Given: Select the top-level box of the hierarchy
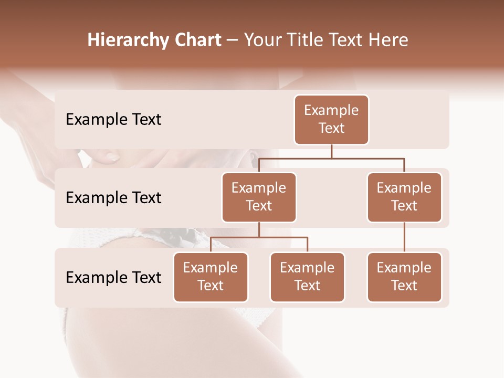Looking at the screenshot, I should click(331, 120).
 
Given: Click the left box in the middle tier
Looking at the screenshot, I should click(259, 197).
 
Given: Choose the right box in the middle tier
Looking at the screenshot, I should click(404, 197).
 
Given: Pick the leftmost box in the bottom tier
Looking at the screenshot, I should click(211, 277).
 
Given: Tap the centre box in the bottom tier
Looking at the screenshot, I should click(307, 277).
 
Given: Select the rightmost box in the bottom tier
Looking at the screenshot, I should click(404, 277).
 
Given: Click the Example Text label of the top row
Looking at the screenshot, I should click(113, 120).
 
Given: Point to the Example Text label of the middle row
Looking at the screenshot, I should click(113, 198).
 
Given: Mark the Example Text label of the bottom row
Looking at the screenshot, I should click(113, 277).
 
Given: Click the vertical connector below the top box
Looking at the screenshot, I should click(331, 151).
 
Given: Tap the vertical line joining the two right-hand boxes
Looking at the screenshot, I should click(404, 237).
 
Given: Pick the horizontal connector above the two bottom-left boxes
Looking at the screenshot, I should click(259, 237).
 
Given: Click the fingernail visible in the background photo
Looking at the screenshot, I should click(112, 156).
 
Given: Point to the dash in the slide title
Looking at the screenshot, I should click(232, 40).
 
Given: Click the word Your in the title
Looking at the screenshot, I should click(262, 40).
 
